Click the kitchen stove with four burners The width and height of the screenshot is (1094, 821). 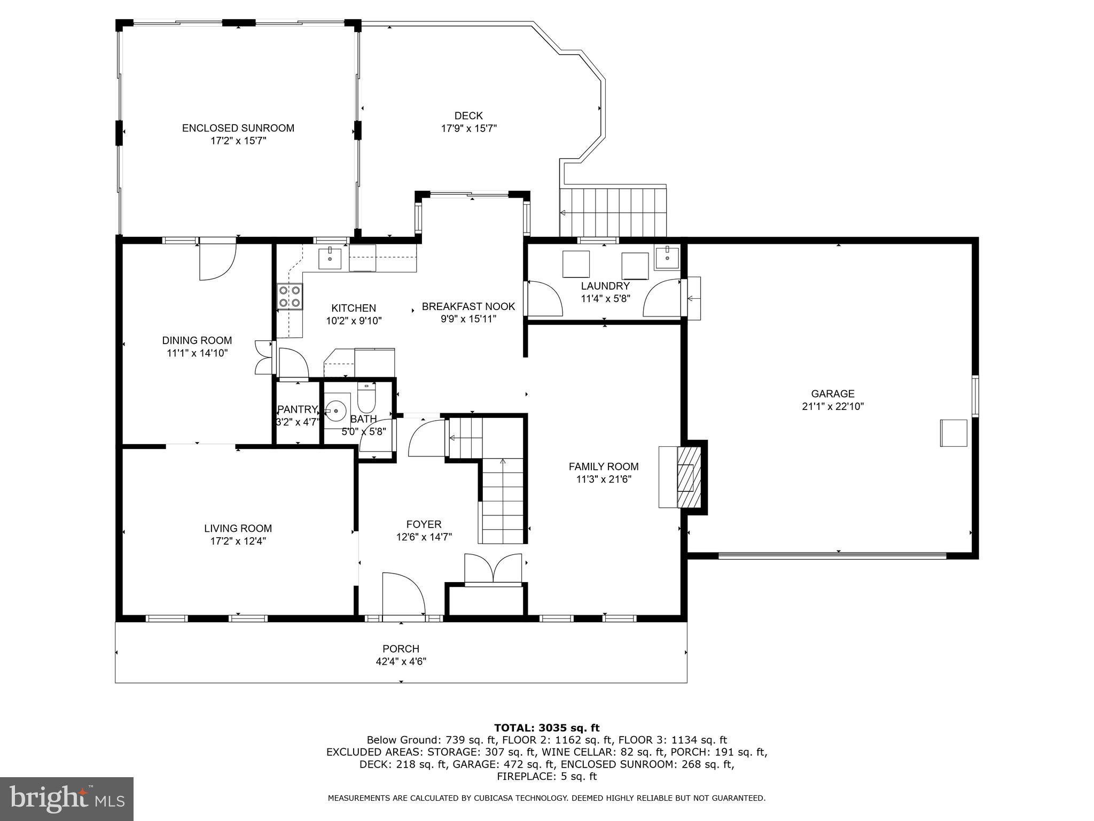[290, 296]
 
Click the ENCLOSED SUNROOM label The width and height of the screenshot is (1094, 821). [238, 128]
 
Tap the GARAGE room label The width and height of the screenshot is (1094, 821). [833, 394]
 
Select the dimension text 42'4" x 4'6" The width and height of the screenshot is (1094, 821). [401, 661]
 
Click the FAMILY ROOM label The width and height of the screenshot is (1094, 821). [604, 467]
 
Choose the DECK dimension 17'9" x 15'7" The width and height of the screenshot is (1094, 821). [468, 128]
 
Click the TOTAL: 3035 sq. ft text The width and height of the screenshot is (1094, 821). [546, 727]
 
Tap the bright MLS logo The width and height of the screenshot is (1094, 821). [67, 799]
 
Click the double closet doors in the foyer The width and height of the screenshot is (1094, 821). [493, 568]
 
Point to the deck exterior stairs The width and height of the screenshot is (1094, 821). [613, 212]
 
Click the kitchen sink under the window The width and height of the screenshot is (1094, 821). [330, 258]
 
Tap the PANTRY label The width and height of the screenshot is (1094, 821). [298, 409]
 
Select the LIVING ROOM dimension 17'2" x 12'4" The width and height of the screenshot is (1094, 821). [238, 541]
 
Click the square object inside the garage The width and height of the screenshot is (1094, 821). [954, 433]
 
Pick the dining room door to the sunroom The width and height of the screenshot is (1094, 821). [217, 259]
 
